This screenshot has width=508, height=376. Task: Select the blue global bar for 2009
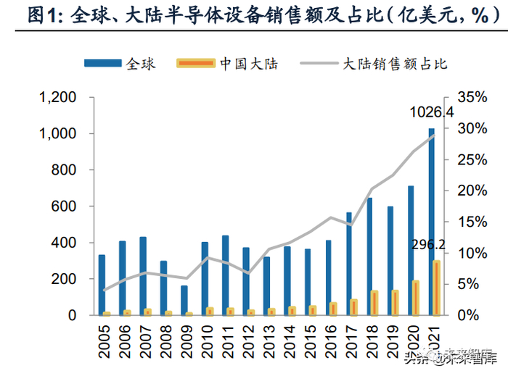(x=184, y=300)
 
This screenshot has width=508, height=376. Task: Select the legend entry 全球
(x=120, y=64)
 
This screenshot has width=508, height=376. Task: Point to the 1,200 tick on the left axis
(x=57, y=98)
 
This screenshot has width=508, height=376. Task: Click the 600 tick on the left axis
(x=65, y=206)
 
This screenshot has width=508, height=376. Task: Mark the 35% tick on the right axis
(x=474, y=98)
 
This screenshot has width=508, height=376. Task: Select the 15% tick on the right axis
(x=474, y=222)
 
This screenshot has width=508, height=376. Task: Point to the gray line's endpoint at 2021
(x=434, y=135)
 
